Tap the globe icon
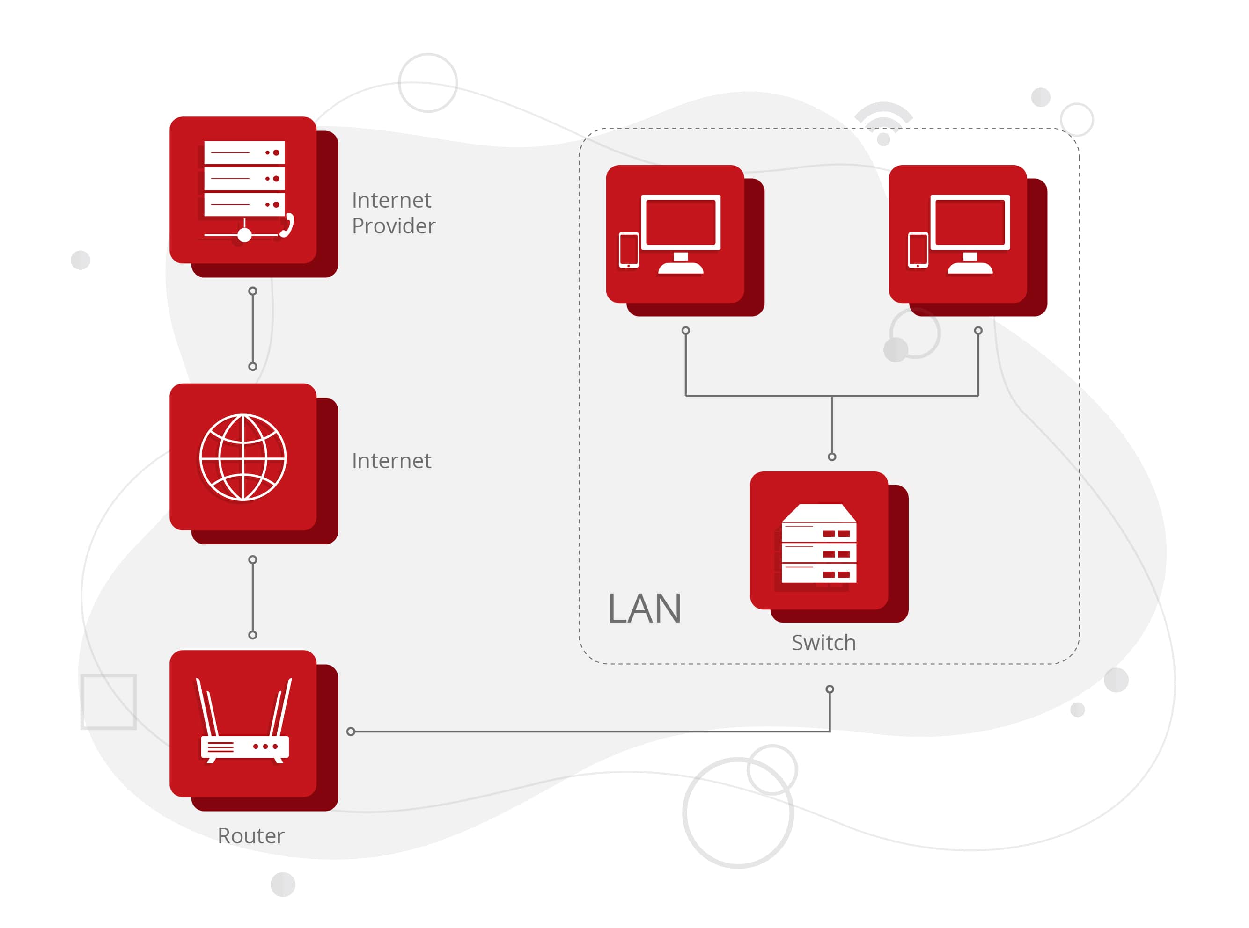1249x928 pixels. click(243, 457)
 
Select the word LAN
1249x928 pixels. click(644, 609)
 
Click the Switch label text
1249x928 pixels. click(823, 643)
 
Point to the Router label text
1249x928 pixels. click(251, 836)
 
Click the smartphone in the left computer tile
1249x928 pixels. click(628, 250)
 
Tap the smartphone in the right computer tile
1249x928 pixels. click(918, 250)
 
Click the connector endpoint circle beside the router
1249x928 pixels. click(351, 732)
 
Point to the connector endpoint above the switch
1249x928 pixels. click(832, 457)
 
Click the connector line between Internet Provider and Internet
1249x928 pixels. click(253, 329)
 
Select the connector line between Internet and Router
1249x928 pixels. click(253, 597)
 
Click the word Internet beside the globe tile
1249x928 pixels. click(391, 461)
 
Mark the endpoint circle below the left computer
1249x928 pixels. click(686, 330)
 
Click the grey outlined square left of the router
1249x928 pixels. click(109, 702)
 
